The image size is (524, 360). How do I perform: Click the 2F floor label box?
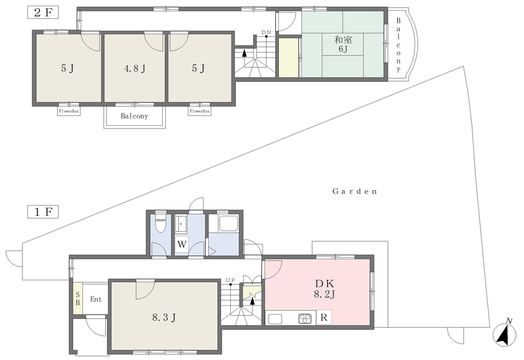tap(43, 12)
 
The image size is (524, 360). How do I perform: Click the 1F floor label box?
tap(43, 212)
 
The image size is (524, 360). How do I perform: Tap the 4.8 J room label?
tap(135, 69)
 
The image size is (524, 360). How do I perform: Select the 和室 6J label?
tap(343, 44)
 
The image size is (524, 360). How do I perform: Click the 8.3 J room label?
tap(164, 317)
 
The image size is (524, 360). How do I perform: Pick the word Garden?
tap(355, 191)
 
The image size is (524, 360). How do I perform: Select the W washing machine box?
tap(182, 244)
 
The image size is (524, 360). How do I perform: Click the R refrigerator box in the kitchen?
tap(323, 317)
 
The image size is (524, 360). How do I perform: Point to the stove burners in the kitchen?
tap(305, 318)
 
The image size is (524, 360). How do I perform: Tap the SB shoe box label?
tap(78, 299)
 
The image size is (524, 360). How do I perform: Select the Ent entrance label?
tap(96, 299)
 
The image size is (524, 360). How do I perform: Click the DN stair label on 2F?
tap(266, 32)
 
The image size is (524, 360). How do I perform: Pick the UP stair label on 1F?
tap(230, 280)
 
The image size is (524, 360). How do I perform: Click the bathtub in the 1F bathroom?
tap(223, 223)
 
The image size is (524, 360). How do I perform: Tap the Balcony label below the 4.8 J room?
tap(135, 116)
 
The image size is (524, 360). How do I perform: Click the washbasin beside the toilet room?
tap(182, 223)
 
